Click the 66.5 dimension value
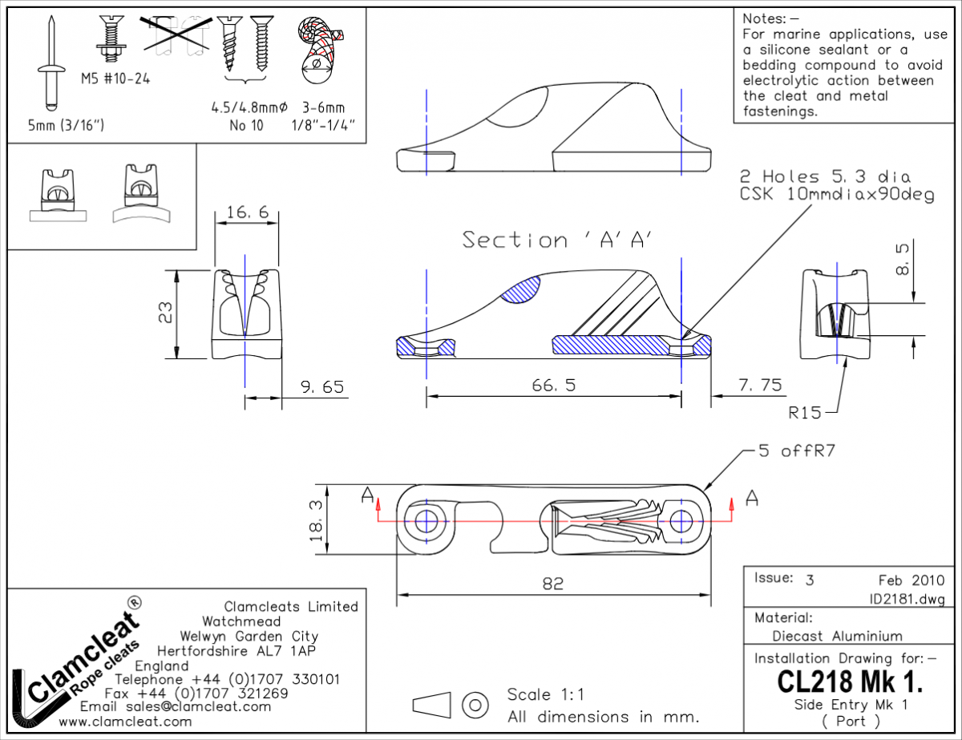pyautogui.click(x=554, y=386)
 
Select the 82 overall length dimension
pyautogui.click(x=553, y=584)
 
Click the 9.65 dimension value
pyautogui.click(x=322, y=387)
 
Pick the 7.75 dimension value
pyautogui.click(x=759, y=386)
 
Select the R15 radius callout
pyautogui.click(x=805, y=413)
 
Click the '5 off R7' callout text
pyautogui.click(x=797, y=451)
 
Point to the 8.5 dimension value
pyautogui.click(x=903, y=257)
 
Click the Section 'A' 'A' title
pyautogui.click(x=557, y=240)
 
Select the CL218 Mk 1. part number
pyautogui.click(x=850, y=681)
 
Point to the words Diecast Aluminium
pyautogui.click(x=837, y=636)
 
